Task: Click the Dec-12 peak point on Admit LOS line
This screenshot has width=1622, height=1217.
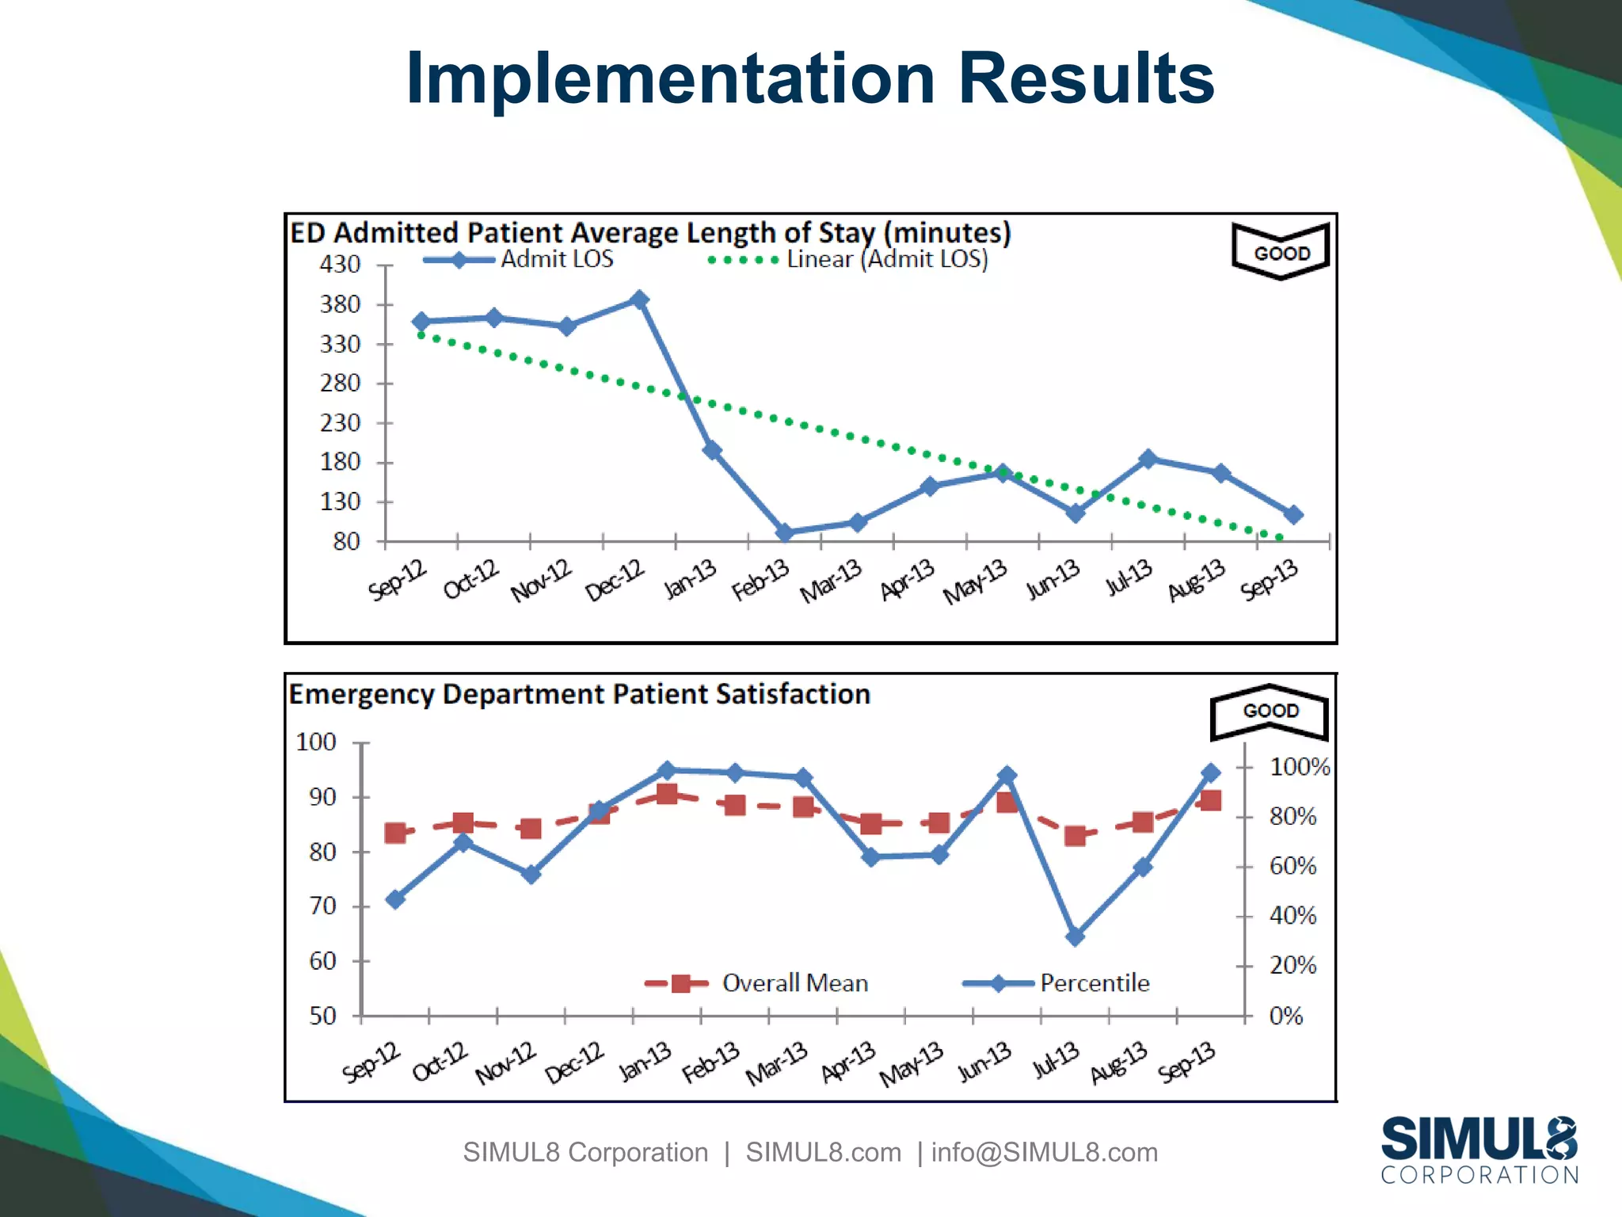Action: point(640,299)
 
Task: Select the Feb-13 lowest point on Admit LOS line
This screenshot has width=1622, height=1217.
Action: point(785,532)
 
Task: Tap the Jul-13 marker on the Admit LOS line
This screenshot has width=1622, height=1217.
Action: point(1148,459)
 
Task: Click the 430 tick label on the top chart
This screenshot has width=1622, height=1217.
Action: point(340,264)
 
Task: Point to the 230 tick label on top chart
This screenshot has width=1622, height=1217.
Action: point(340,422)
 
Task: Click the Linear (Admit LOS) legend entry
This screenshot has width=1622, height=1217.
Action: point(847,259)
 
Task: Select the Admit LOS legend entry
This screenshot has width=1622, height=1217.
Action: point(519,259)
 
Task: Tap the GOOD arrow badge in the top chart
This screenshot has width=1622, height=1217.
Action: point(1281,251)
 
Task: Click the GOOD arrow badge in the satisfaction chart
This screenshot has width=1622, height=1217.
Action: point(1270,711)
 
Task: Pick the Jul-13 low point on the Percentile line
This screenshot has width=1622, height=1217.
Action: point(1075,937)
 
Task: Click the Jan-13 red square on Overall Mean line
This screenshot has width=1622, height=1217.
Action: point(667,794)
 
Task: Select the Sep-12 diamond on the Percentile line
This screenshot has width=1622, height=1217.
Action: point(395,899)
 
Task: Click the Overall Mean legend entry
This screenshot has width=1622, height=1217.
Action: point(756,983)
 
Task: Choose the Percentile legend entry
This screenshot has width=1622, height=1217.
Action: point(1057,983)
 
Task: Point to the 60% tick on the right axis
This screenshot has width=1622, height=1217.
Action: point(1293,866)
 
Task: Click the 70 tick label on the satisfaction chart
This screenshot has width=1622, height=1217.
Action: point(322,906)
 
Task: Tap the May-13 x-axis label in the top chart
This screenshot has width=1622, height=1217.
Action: point(976,581)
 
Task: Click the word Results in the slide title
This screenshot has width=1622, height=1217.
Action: point(1086,78)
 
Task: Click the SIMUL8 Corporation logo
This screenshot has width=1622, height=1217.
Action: point(1479,1150)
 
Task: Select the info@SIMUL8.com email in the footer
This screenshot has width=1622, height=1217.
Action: point(1044,1152)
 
